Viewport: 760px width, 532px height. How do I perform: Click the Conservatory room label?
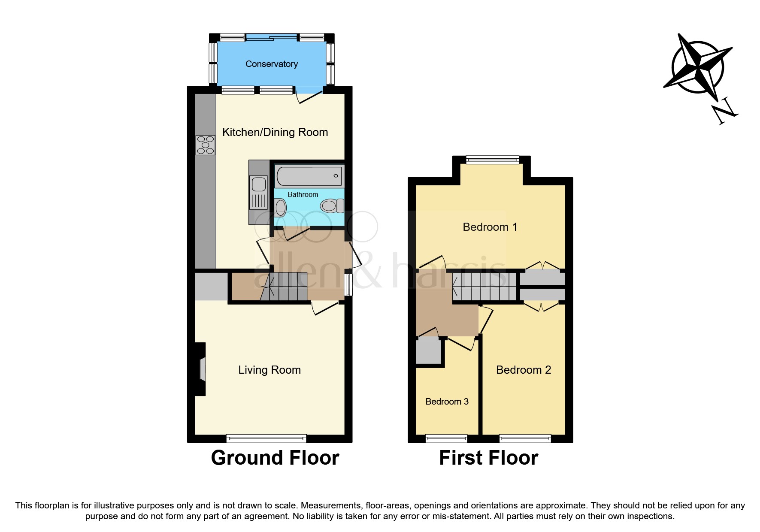(x=271, y=64)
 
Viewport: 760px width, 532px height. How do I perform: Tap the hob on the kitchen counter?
(x=205, y=145)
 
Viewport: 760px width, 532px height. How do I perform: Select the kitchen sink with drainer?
(x=259, y=193)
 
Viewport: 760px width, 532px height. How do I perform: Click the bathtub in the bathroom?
(x=309, y=176)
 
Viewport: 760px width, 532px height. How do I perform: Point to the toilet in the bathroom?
(x=332, y=206)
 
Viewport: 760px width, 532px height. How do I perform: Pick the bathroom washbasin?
(x=281, y=208)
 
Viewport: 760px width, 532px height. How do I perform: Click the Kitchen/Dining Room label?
(x=275, y=132)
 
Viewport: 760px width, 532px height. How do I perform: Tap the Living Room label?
(x=269, y=370)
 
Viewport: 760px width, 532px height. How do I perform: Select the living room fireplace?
(x=201, y=369)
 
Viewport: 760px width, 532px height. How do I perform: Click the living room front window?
(x=266, y=438)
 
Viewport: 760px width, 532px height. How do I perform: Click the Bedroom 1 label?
(x=490, y=227)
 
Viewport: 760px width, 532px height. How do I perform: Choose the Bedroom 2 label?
(x=523, y=370)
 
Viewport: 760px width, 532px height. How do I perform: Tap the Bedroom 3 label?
(x=447, y=402)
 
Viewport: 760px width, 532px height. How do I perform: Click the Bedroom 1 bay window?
(x=492, y=160)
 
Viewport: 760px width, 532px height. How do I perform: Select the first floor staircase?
(x=484, y=287)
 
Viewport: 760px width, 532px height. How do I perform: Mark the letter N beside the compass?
(x=725, y=111)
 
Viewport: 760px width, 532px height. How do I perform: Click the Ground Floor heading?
(x=275, y=458)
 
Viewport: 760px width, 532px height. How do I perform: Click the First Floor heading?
(x=488, y=458)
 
